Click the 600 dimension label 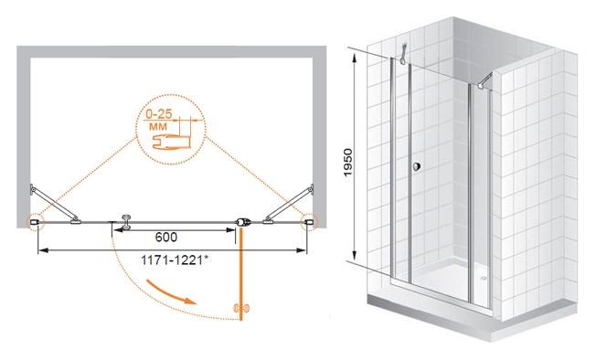pos(166,238)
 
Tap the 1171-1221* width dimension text pos(175,260)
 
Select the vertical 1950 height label pos(348,163)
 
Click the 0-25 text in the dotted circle pos(159,114)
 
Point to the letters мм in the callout pos(158,126)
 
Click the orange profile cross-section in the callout pos(171,142)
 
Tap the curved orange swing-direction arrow pos(172,293)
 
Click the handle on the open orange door pos(241,308)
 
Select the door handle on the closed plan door pos(125,222)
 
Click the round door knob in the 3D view pos(417,166)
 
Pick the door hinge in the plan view pos(243,222)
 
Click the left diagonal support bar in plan pos(55,204)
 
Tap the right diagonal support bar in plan pos(289,203)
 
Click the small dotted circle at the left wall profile pos(35,221)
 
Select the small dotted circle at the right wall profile pos(309,221)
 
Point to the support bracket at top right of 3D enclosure pos(484,81)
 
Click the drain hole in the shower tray pos(484,279)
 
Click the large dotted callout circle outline pos(171,94)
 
